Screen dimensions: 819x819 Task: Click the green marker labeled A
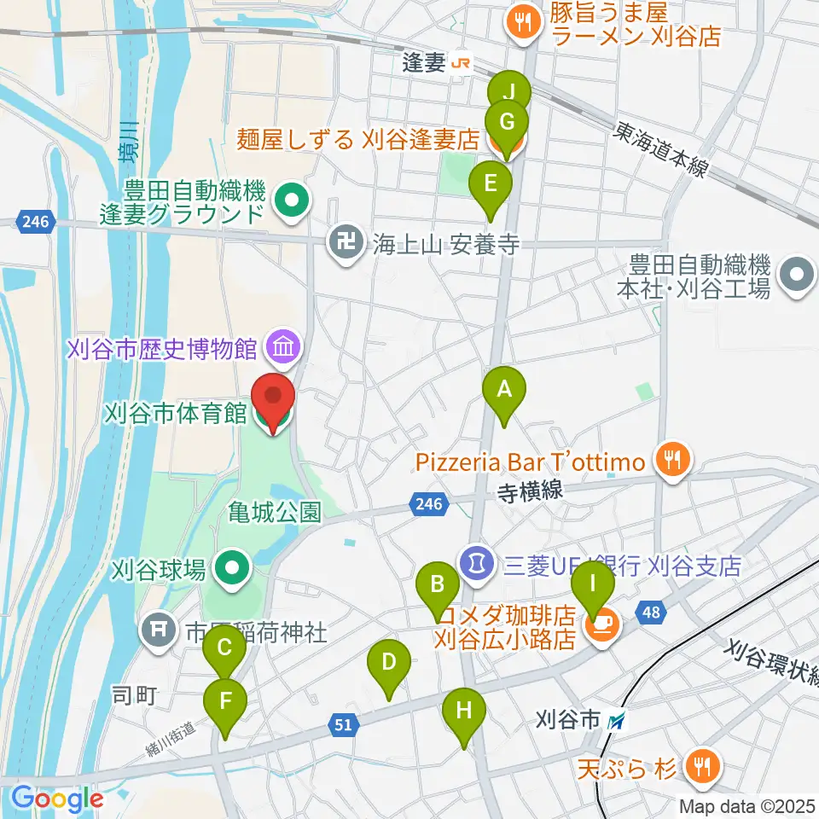click(504, 390)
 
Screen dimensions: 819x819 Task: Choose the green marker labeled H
click(464, 711)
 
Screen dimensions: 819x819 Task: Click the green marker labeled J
click(509, 92)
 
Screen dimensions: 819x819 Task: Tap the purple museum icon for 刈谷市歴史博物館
click(281, 347)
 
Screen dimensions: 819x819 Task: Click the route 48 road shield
click(652, 612)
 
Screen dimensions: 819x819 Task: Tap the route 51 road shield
click(342, 724)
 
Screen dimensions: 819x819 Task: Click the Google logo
click(57, 799)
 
